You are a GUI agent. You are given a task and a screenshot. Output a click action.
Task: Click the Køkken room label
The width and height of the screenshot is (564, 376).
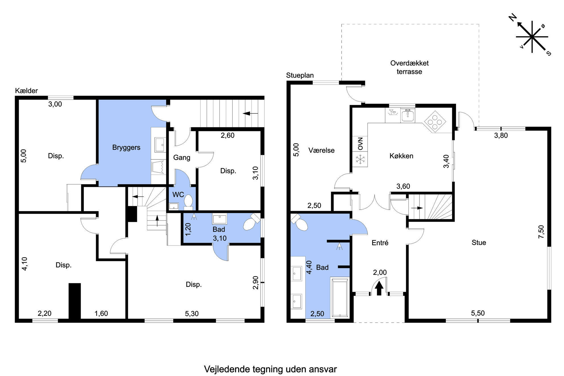tap(401, 156)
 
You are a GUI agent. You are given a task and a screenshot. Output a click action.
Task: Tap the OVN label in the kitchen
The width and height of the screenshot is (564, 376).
tap(360, 144)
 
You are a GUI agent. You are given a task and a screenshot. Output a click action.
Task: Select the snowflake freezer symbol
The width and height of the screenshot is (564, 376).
tap(360, 159)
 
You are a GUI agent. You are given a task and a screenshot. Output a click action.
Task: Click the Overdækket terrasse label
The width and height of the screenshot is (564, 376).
tap(409, 67)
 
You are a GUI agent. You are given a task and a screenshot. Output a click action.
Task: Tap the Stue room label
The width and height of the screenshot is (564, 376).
tap(479, 242)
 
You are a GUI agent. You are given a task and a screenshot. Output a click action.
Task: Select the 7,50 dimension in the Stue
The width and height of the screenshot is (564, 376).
tap(541, 232)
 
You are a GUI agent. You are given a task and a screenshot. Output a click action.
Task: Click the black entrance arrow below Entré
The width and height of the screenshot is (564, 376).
tap(379, 288)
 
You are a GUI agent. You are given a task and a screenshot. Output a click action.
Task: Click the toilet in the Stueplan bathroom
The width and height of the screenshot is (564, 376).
tap(299, 223)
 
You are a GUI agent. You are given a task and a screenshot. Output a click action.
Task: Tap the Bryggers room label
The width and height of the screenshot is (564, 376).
tap(126, 148)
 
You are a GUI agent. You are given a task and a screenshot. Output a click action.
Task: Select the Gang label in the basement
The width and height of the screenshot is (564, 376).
tap(182, 157)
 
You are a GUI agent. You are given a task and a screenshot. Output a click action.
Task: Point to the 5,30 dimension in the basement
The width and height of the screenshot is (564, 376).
tap(192, 313)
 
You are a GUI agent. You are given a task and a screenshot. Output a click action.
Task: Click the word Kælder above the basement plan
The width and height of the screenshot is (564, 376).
tap(26, 91)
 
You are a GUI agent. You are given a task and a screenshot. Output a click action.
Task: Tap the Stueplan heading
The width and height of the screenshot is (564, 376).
tap(300, 75)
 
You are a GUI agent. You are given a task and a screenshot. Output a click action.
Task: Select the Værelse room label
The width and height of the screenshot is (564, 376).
tap(322, 150)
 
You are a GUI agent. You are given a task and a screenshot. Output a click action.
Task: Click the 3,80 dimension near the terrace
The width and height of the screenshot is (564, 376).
tap(501, 135)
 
